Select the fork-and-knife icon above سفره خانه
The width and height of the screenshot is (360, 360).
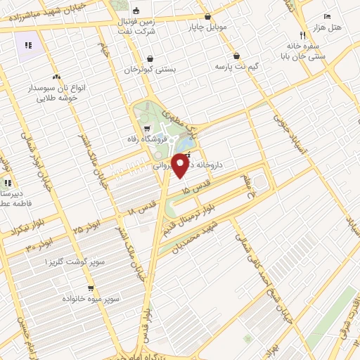pos(302,35)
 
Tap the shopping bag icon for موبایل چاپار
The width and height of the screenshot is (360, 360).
pos(207,17)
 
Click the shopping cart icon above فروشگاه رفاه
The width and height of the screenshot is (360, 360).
pos(146,129)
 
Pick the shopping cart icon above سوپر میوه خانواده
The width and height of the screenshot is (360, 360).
pos(91,288)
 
